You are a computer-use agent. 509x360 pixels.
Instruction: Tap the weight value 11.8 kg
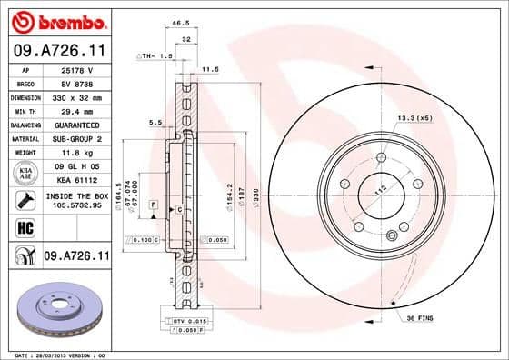pyautogui.click(x=73, y=153)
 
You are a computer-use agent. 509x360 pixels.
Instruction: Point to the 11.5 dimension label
pyautogui.click(x=211, y=69)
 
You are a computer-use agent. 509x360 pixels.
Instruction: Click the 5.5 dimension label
pyautogui.click(x=155, y=122)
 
